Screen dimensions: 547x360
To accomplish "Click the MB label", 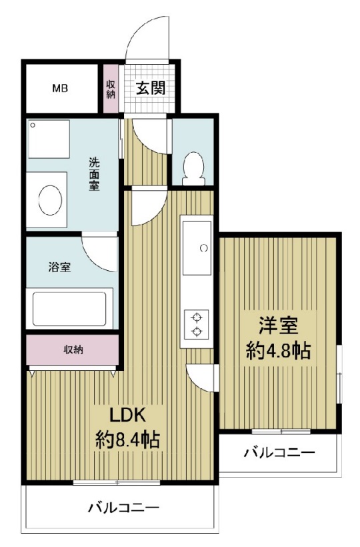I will point(60,88).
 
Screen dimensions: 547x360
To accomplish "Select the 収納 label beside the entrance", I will point(110,89).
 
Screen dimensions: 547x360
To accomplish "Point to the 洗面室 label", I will point(95,174).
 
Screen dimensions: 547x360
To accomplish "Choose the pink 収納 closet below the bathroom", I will point(73,350).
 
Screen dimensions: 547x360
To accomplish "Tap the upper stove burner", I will point(197,318).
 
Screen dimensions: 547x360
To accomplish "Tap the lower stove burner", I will point(197,332).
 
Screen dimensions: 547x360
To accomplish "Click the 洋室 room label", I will point(278,326).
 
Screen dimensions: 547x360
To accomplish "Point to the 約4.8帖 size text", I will point(278,351).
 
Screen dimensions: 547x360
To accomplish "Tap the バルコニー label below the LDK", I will point(124,508).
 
